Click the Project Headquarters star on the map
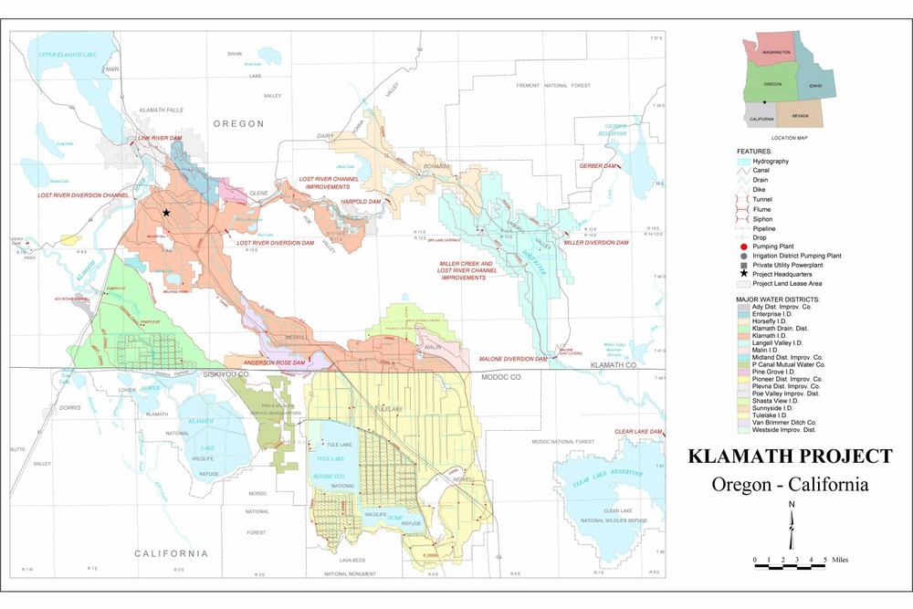tap(166, 212)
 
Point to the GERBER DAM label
tap(598, 165)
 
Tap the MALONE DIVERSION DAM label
tap(513, 359)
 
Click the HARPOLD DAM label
tap(360, 201)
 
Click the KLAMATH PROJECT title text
tap(790, 456)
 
